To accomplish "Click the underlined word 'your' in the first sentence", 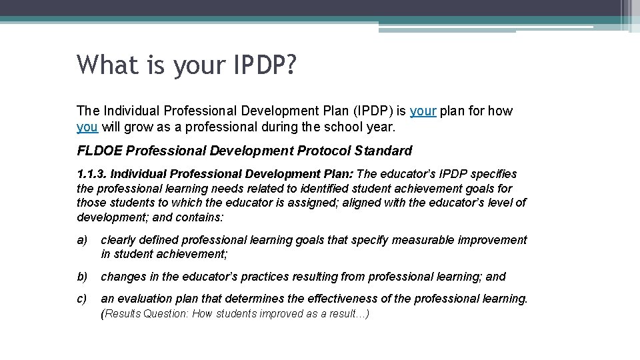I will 423,111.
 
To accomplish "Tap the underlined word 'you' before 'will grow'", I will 87,126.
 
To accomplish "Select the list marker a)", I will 82,240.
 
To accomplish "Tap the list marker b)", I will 82,277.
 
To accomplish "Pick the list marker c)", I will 82,299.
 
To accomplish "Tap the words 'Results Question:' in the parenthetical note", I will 147,314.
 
